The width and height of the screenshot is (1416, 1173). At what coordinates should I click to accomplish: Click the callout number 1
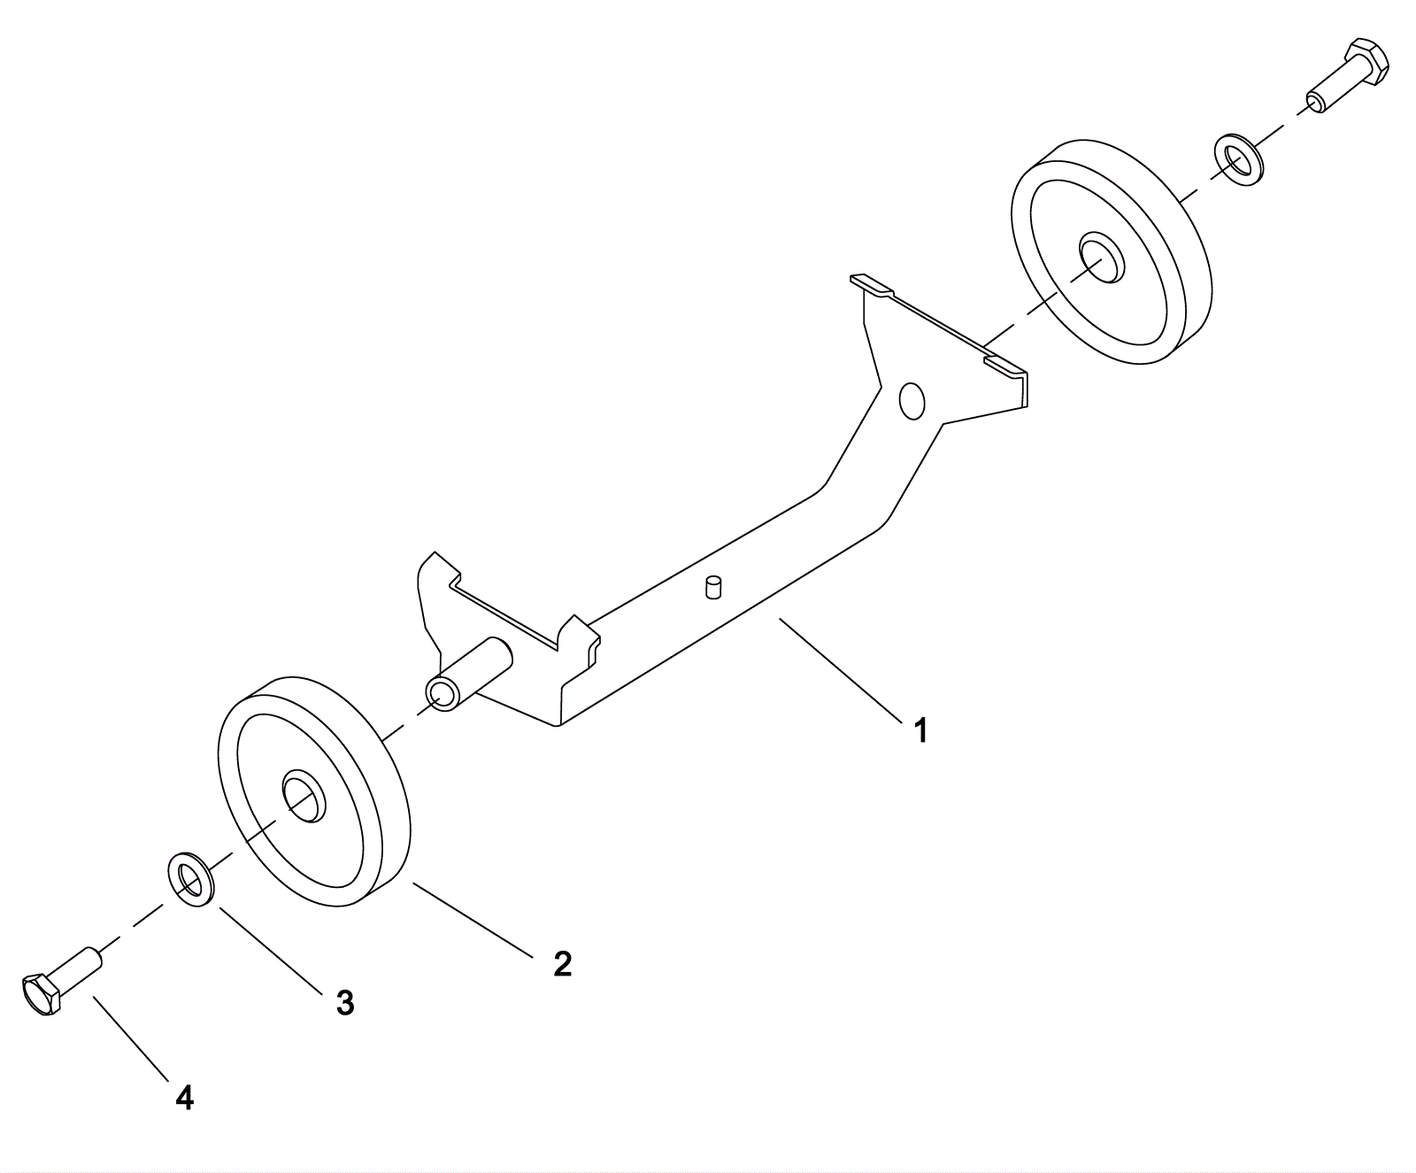coord(920,731)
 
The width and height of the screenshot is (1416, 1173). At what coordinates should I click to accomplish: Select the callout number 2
coord(562,964)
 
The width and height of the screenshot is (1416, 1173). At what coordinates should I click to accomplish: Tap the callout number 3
coord(345,1003)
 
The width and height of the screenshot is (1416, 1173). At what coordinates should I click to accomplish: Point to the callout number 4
coord(184,1098)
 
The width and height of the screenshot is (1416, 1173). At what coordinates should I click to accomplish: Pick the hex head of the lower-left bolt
coord(40,995)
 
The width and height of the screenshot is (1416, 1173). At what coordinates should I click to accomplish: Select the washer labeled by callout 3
coord(189,879)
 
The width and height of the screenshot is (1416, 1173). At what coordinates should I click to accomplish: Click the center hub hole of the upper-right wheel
coord(1099,259)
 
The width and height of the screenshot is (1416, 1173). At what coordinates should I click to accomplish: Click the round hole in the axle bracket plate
coord(911,399)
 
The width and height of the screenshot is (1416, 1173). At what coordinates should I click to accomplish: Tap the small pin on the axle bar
coord(713,587)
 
